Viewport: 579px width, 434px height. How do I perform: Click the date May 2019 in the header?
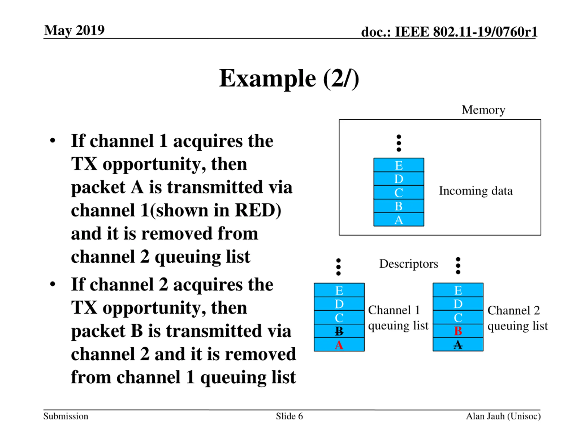(x=74, y=30)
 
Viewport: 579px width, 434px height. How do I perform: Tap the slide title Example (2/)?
(x=289, y=78)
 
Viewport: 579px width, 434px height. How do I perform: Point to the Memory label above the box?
(x=483, y=110)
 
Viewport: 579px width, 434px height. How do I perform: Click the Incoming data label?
(x=476, y=191)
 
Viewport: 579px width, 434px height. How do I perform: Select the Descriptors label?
(x=409, y=264)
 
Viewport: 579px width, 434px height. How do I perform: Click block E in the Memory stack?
(x=399, y=165)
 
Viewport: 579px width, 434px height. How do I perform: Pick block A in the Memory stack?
(x=399, y=219)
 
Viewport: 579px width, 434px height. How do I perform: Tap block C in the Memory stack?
(x=399, y=192)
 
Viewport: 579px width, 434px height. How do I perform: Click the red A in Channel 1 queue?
(x=339, y=345)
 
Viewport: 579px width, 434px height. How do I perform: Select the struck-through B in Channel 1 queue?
(x=339, y=331)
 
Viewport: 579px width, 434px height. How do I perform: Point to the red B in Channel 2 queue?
(x=458, y=331)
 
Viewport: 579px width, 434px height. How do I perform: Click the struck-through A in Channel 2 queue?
(x=458, y=345)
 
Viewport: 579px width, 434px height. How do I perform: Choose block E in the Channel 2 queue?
(x=458, y=290)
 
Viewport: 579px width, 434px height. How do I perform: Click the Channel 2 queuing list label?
(x=517, y=318)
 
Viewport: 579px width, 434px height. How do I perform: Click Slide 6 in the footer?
(x=289, y=416)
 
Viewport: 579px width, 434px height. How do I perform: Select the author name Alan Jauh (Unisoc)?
(x=503, y=416)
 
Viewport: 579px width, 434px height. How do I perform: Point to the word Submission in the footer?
(x=66, y=416)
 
